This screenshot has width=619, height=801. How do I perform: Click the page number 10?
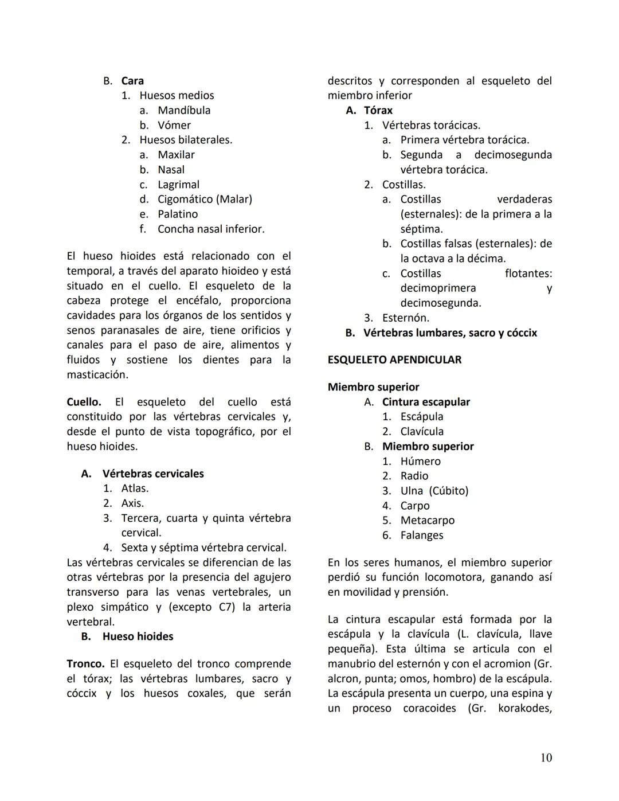546,758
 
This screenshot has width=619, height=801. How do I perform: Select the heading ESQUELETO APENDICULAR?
394,360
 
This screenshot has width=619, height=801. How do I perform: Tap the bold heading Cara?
132,81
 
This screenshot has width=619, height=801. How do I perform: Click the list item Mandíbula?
184,111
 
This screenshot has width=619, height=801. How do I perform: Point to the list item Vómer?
174,126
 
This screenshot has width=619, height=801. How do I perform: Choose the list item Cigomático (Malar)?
205,200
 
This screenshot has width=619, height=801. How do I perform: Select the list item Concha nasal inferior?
211,229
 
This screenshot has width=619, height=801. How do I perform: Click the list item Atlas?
135,489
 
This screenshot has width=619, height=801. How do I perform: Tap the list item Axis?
132,503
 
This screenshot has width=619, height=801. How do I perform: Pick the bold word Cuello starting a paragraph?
84,402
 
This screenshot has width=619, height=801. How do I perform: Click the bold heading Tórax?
378,111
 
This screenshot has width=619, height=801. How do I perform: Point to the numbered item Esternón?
405,318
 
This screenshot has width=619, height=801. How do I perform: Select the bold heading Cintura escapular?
426,402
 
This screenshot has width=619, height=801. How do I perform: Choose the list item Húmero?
420,462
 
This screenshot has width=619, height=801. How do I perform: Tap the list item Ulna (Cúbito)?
434,491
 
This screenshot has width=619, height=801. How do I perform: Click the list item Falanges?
421,536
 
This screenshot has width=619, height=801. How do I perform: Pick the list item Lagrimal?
178,185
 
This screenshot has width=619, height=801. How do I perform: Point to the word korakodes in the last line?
524,709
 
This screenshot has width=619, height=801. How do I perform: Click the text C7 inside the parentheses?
226,607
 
